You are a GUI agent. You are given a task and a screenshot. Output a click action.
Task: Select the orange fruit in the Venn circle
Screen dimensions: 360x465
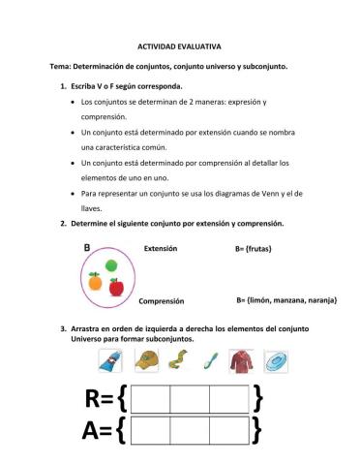(95, 281)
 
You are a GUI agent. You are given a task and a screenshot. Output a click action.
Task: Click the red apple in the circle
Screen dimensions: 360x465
(116, 287)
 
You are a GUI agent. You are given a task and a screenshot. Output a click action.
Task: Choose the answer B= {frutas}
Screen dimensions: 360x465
(259, 250)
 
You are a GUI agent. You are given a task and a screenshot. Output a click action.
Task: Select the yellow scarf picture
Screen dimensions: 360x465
(178, 362)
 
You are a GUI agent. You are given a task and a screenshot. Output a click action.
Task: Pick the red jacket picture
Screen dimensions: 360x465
(241, 362)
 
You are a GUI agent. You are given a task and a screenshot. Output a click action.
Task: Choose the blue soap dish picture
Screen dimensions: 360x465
(276, 362)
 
